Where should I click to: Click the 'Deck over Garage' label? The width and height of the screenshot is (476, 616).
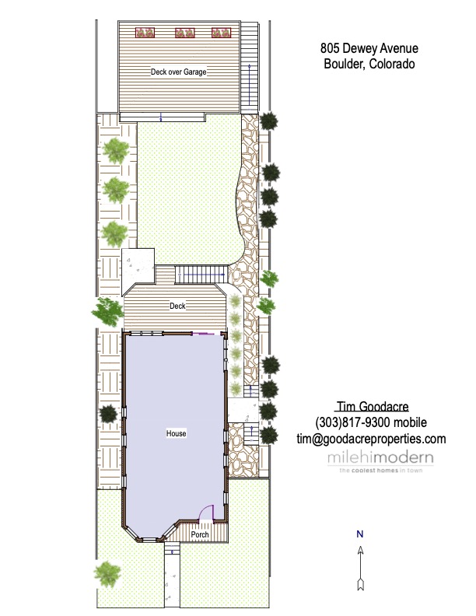[179, 72]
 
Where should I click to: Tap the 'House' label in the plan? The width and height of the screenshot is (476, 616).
[176, 433]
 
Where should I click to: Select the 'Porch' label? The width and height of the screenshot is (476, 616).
[200, 534]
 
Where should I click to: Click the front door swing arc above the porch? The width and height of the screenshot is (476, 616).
[205, 510]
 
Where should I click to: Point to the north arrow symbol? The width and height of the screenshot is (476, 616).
[361, 569]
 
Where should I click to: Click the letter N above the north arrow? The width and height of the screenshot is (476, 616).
[360, 534]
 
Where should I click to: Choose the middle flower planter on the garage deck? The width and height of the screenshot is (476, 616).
[184, 33]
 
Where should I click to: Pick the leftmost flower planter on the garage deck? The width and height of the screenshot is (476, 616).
[145, 33]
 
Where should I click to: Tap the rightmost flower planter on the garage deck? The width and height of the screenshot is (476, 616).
[221, 33]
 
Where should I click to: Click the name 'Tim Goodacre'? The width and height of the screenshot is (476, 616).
[373, 406]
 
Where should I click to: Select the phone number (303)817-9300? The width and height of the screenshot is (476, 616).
[352, 422]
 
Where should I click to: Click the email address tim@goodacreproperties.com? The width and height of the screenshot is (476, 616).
[371, 439]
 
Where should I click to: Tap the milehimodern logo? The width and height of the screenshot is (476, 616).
[380, 461]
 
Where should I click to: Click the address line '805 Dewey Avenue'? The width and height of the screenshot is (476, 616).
[369, 48]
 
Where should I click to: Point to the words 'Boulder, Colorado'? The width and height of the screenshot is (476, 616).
[369, 64]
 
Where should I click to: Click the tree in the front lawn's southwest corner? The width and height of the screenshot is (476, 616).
[107, 574]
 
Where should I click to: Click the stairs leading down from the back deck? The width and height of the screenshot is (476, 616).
[201, 275]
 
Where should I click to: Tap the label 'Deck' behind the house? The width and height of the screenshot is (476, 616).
[177, 306]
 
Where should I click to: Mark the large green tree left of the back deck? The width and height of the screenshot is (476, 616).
[107, 312]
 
